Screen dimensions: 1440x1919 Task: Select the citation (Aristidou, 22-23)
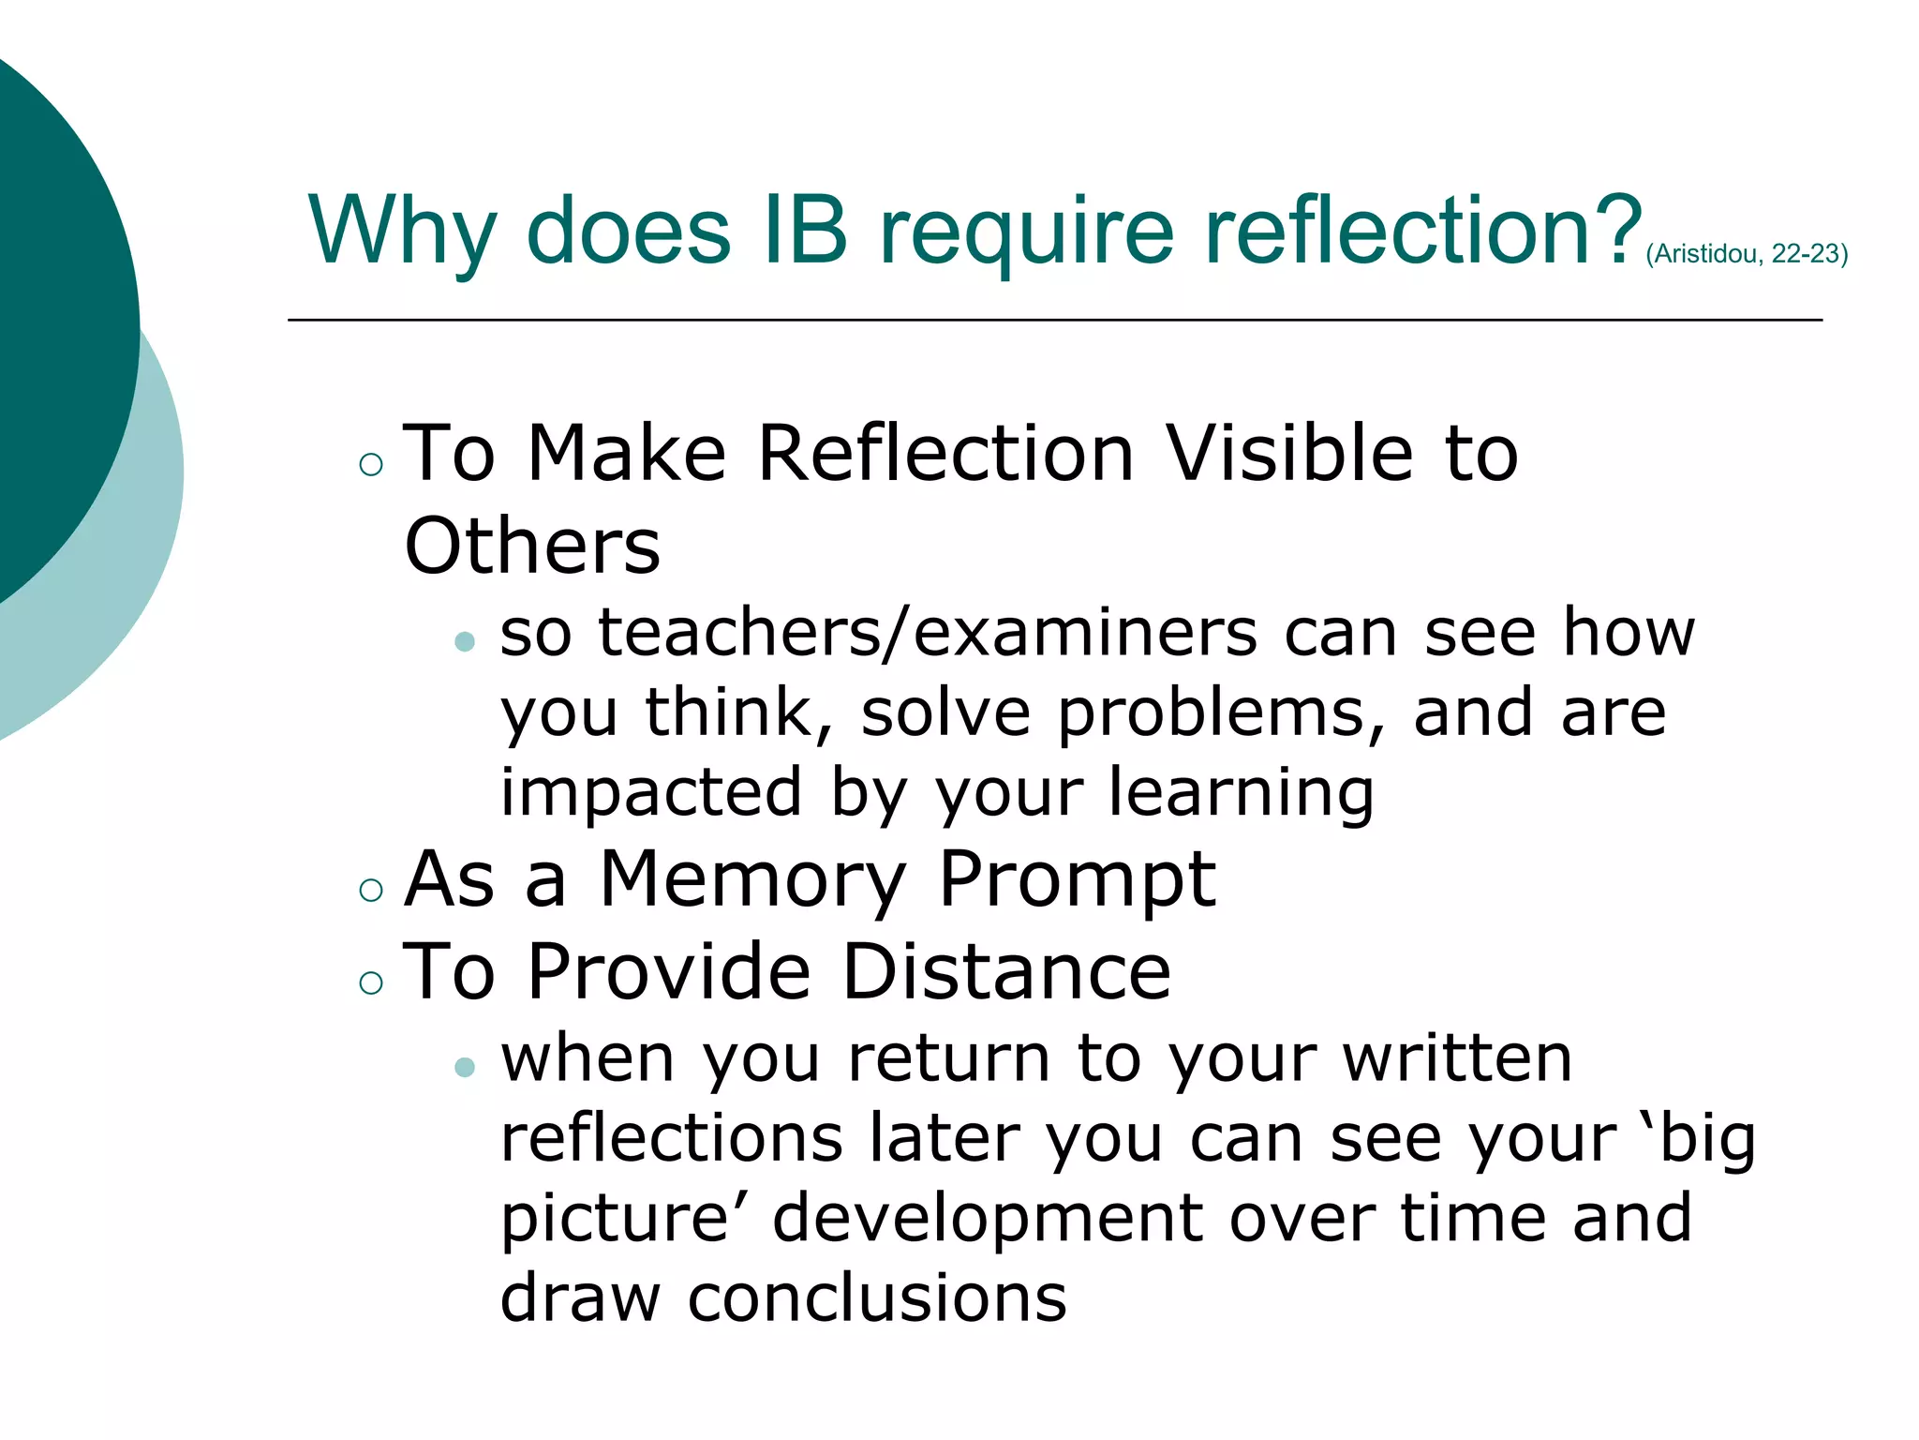click(x=1746, y=254)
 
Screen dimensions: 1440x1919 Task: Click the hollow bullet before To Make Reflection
click(x=371, y=464)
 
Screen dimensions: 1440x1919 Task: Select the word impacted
click(x=651, y=793)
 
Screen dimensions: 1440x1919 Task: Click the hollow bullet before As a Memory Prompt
click(x=371, y=890)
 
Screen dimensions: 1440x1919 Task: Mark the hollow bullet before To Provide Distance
click(x=371, y=982)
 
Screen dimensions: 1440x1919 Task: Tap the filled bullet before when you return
click(x=465, y=1067)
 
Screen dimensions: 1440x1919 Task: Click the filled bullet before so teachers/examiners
click(x=465, y=641)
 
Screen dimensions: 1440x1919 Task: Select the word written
click(x=1457, y=1058)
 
